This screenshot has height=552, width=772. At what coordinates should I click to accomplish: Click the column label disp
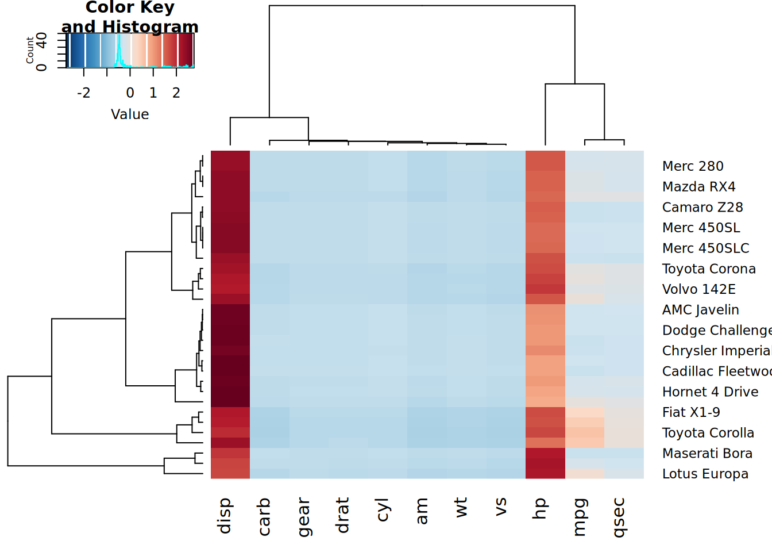(x=224, y=516)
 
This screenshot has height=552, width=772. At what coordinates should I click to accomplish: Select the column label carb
(x=264, y=516)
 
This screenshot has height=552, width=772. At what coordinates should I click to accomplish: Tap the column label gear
(x=303, y=517)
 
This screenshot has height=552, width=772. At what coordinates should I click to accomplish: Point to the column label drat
(x=342, y=515)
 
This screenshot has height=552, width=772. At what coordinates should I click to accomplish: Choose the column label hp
(x=539, y=509)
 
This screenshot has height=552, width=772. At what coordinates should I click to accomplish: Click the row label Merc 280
(x=693, y=166)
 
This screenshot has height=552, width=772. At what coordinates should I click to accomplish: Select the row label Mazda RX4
(x=698, y=187)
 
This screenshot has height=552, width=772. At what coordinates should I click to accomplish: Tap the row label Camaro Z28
(x=702, y=207)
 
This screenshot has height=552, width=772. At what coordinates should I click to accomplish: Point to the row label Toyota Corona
(x=709, y=269)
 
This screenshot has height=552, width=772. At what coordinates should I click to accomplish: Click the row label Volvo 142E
(x=698, y=289)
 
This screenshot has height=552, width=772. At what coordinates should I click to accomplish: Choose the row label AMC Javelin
(x=700, y=310)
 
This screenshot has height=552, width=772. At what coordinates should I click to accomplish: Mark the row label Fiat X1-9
(x=691, y=412)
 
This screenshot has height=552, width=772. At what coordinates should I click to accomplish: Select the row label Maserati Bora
(x=707, y=453)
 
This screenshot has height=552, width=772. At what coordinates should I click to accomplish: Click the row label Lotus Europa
(x=705, y=474)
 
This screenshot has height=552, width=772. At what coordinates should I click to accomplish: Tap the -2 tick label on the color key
(x=83, y=93)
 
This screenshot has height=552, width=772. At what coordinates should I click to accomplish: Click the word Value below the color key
(x=130, y=114)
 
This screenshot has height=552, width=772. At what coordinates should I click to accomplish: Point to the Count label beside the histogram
(x=30, y=51)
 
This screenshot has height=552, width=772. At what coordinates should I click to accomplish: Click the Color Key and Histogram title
(x=130, y=17)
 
